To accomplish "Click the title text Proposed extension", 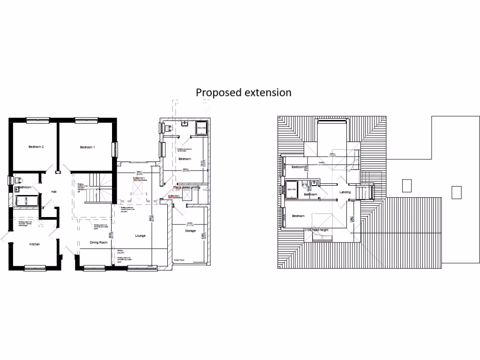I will coord(243,92).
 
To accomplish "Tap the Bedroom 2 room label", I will coord(36,147).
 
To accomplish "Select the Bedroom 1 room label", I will coord(87,147).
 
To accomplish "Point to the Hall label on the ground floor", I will coord(54,191).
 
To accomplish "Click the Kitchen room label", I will coord(35,245).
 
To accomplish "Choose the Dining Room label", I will coord(99,242).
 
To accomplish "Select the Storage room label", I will coord(190,231).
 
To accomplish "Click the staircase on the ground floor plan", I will coord(99,185).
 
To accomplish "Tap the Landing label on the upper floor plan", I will coord(345,192).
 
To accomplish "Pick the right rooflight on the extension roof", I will coord(456,192).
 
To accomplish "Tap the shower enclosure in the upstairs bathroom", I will coord(292,187).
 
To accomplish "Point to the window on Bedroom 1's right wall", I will coord(113,150).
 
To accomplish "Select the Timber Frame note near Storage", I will coord(180,260).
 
